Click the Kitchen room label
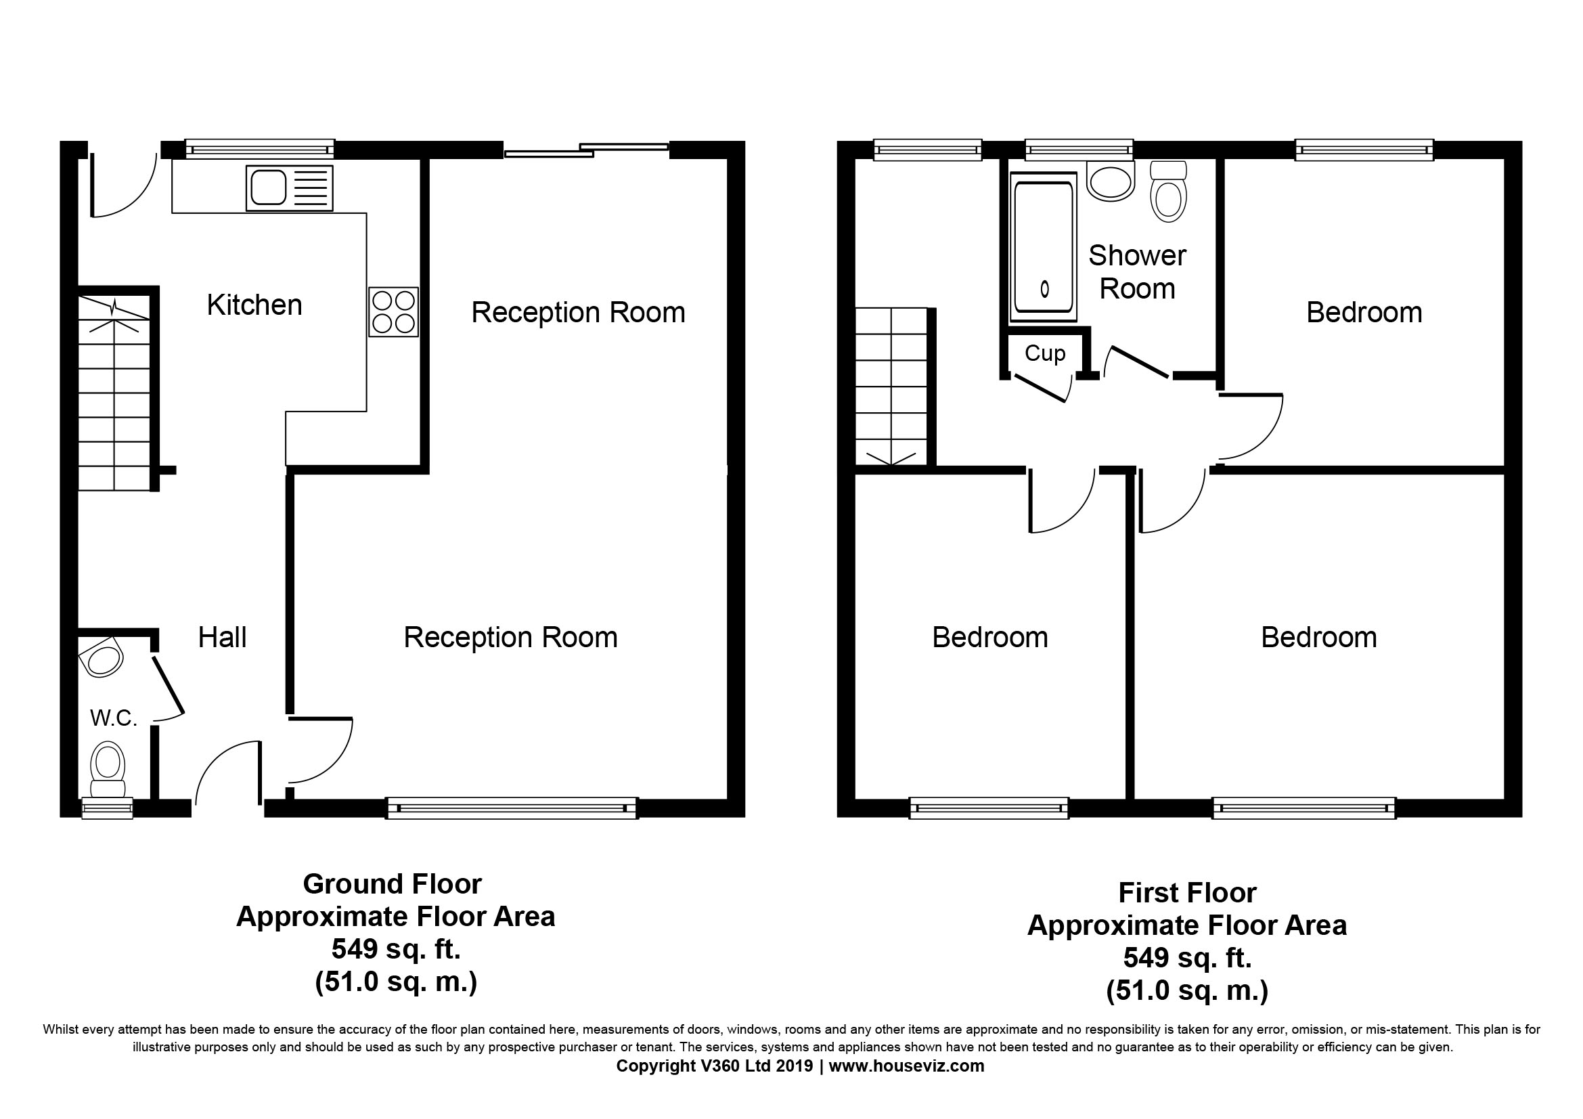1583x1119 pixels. pyautogui.click(x=254, y=305)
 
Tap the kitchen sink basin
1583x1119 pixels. pyautogui.click(x=268, y=188)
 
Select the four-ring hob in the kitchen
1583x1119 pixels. pyautogui.click(x=393, y=311)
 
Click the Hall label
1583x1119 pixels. pyautogui.click(x=222, y=637)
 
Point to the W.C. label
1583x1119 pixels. pyautogui.click(x=114, y=718)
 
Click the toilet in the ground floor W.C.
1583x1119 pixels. pyautogui.click(x=108, y=770)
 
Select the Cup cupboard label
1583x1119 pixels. pyautogui.click(x=1045, y=353)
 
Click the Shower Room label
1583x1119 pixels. pyautogui.click(x=1137, y=271)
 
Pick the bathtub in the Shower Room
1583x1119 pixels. pyautogui.click(x=1043, y=247)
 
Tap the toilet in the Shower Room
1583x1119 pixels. pyautogui.click(x=1169, y=191)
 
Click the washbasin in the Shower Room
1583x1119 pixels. pyautogui.click(x=1110, y=181)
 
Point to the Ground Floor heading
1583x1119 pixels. pyautogui.click(x=393, y=884)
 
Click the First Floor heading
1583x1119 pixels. pyautogui.click(x=1187, y=893)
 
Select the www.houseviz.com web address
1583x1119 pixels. pyautogui.click(x=906, y=1066)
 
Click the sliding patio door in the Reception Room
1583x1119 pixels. pyautogui.click(x=587, y=150)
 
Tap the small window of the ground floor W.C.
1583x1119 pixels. pyautogui.click(x=107, y=808)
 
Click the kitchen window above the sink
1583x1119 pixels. pyautogui.click(x=260, y=149)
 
